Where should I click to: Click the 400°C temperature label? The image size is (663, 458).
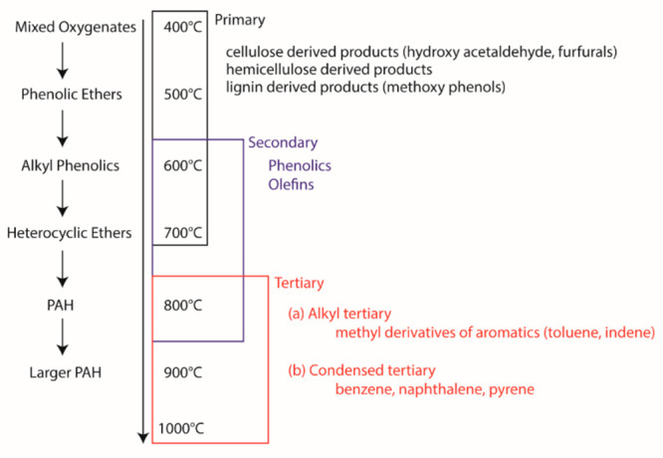pos(182,27)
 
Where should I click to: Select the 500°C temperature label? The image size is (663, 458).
pos(182,95)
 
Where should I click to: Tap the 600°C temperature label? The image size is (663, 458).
pos(182,164)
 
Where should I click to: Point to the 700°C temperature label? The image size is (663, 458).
pos(182,234)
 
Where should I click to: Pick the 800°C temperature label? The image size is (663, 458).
pos(182,305)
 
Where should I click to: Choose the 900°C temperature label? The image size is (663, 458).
pos(182,373)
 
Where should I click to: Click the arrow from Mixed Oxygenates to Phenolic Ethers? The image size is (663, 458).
pos(62,62)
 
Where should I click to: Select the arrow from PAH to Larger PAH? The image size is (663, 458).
pos(62,340)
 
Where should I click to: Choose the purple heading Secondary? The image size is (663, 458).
pos(283,142)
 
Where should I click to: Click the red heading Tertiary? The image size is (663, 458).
pos(299,284)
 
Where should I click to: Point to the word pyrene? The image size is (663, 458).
pos(513,388)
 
